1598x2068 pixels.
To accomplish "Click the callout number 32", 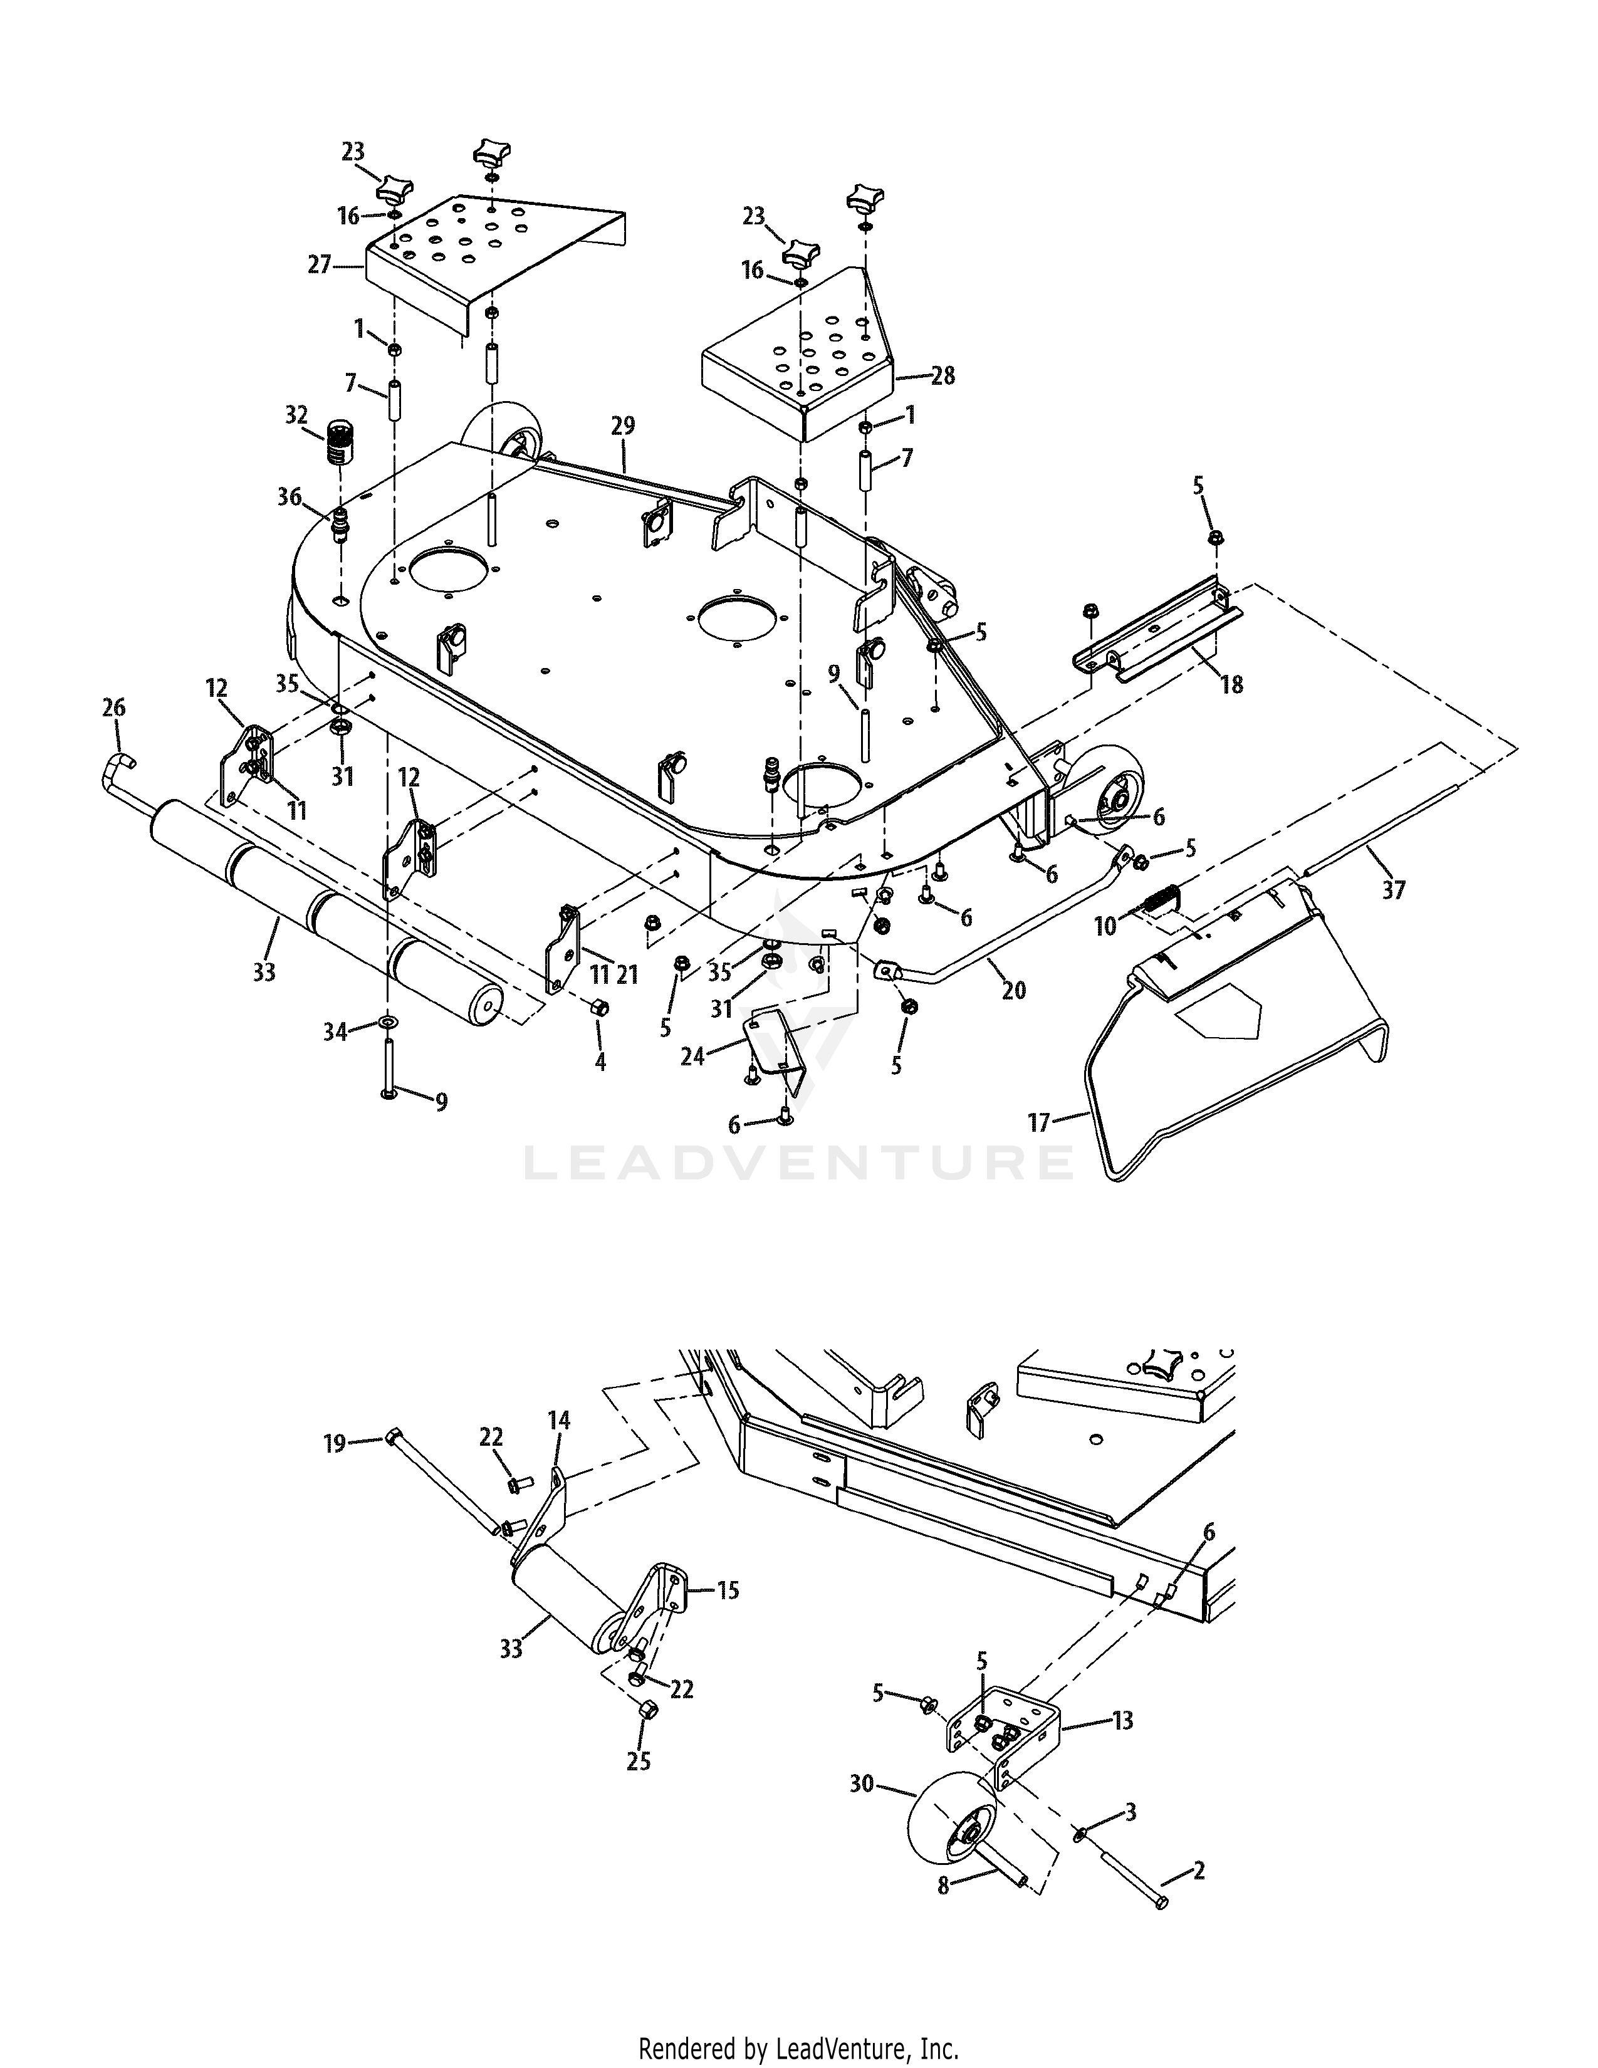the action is [296, 415].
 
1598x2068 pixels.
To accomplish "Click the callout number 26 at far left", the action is [113, 708].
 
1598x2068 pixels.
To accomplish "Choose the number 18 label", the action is [1231, 684].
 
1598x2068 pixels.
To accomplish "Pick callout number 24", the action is [693, 1055].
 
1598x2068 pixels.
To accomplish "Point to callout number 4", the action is [600, 1062].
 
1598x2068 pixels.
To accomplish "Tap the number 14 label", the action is [558, 1419].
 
